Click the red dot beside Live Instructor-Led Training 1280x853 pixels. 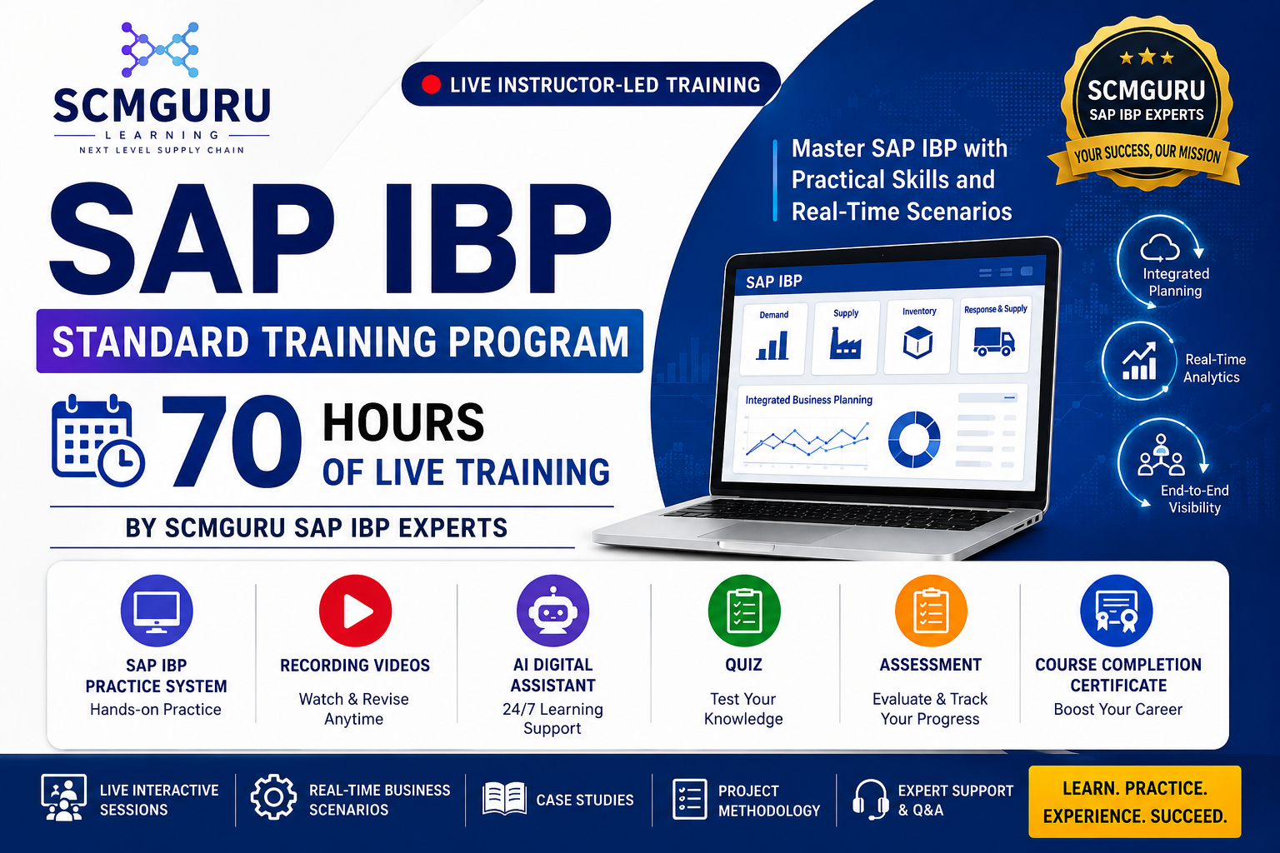coord(431,85)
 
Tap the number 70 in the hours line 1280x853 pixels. coord(232,441)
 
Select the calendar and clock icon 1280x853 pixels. coord(97,440)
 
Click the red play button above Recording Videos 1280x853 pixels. coord(355,611)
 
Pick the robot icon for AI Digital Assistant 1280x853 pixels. coord(552,611)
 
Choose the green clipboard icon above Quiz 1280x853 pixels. coord(744,611)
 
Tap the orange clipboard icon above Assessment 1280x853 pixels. coord(931,611)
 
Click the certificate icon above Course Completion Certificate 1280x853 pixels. coord(1117,611)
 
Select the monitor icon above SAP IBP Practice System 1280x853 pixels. coord(157,611)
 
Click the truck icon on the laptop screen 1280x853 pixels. coord(993,342)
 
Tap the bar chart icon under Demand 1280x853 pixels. coord(772,345)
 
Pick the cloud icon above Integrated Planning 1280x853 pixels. coord(1159,248)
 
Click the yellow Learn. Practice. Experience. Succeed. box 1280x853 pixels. coord(1135,801)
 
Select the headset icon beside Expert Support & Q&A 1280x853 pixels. coord(870,800)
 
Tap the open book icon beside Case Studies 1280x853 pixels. coord(504,798)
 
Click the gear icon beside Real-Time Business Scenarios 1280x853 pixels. coord(273,797)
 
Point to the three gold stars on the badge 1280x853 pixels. coord(1147,57)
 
